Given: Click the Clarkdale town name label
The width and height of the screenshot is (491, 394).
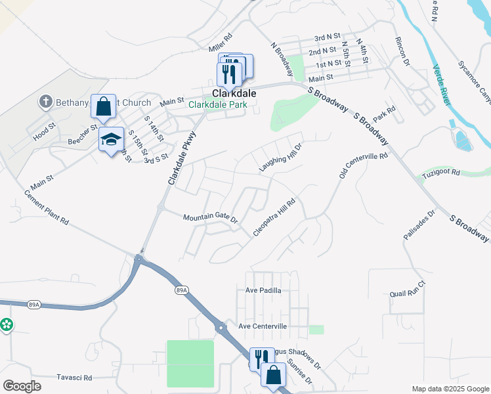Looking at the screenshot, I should point(234,94).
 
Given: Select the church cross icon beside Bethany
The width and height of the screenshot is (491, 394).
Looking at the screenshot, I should point(45,102).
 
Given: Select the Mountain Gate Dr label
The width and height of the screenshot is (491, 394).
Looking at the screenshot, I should point(210,217).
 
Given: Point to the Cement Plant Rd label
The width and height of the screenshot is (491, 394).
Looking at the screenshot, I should point(47,208).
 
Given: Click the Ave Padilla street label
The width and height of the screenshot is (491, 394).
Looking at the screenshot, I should point(263,290).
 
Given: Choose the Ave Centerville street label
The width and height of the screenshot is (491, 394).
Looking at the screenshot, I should point(263,326).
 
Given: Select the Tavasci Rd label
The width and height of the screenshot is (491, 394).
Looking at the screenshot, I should point(74,378).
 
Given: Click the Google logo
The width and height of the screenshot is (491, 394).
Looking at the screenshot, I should point(22,387).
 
